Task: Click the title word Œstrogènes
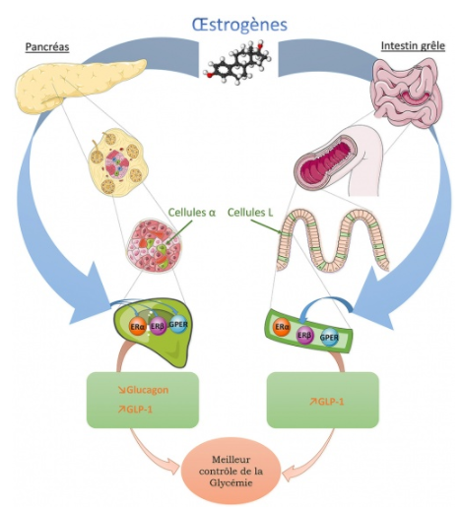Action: (239, 25)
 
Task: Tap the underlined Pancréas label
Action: (47, 47)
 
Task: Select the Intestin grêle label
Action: (413, 45)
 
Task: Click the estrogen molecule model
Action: (237, 62)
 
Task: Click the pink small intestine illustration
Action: (405, 93)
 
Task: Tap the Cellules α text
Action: (192, 213)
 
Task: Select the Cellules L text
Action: (250, 213)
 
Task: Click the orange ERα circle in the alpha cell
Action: (137, 327)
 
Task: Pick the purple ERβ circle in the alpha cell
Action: (158, 326)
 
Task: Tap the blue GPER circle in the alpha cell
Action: (178, 325)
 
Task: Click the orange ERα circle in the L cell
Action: (283, 327)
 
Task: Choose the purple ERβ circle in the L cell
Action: (304, 335)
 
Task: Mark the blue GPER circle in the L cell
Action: (329, 337)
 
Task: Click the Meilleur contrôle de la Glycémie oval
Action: (230, 471)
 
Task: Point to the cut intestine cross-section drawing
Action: (338, 160)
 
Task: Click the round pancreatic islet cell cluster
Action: (155, 245)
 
